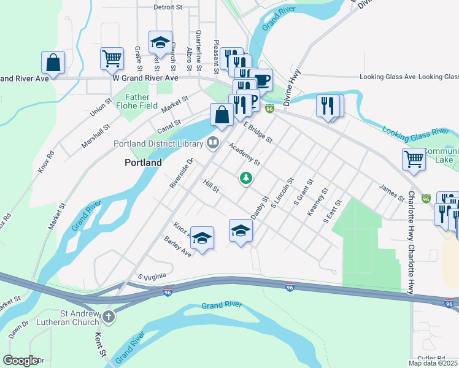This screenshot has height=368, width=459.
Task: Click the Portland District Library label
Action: (x=158, y=144)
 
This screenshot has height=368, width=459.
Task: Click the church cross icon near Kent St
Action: (x=108, y=317)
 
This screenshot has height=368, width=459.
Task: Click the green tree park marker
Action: (x=246, y=178)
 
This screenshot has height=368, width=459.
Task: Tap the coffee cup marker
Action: (x=261, y=80)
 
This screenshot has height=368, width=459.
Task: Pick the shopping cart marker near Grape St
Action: (x=112, y=59)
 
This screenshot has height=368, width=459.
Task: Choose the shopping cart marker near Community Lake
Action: (x=414, y=159)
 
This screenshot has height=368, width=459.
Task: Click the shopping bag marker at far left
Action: (x=53, y=63)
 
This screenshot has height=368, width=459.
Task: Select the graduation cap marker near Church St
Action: (x=160, y=43)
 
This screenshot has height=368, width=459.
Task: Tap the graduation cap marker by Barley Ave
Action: (x=202, y=237)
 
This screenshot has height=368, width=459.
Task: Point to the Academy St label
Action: (x=245, y=155)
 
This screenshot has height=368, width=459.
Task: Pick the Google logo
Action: (x=21, y=361)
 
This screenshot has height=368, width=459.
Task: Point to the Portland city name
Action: (x=143, y=163)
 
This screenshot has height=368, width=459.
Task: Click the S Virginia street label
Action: (x=152, y=277)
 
